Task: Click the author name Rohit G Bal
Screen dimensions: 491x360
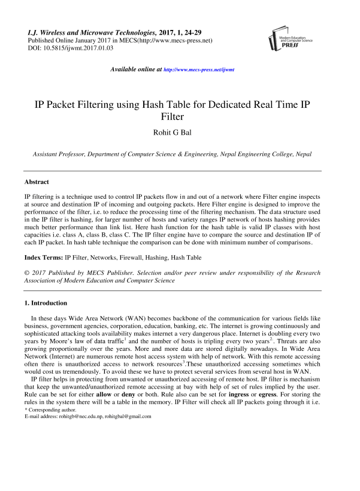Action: pos(180,131)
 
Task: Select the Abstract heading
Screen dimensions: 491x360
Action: pos(37,181)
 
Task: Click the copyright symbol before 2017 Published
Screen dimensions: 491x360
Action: pos(27,273)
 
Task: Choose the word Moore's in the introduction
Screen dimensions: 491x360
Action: pos(56,340)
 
